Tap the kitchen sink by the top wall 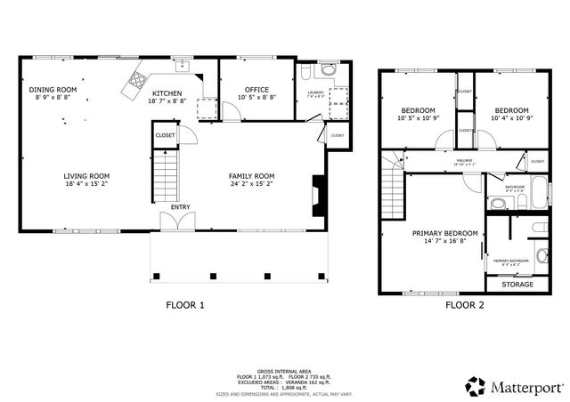[181, 64]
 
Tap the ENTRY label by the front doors [181, 207]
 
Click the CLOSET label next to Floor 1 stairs [165, 135]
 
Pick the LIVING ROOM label [86, 176]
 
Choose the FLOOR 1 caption [185, 305]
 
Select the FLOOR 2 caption [465, 305]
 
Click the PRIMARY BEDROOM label [444, 233]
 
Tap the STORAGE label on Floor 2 [517, 285]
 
